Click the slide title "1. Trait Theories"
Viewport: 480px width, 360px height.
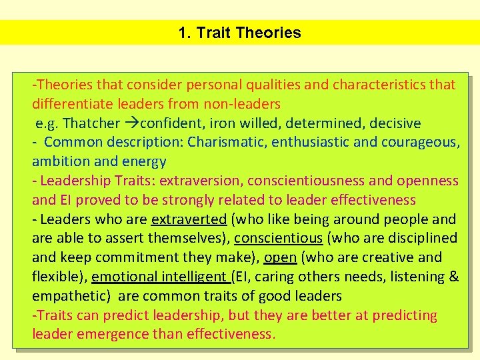click(x=240, y=33)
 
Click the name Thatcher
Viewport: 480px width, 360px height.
click(x=91, y=123)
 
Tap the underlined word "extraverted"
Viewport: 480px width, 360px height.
click(x=189, y=219)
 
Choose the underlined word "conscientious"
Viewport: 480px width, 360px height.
click(x=279, y=238)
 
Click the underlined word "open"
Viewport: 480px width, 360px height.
click(x=280, y=257)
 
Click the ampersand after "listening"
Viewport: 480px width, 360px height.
click(x=453, y=276)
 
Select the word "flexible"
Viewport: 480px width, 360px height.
click(x=58, y=276)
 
